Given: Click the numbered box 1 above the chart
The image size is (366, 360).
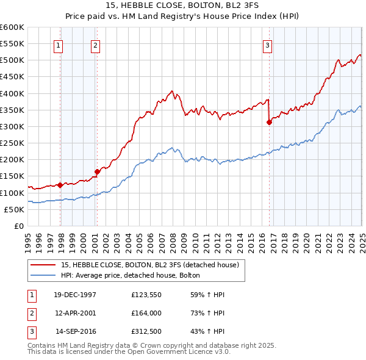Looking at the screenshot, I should (58, 45).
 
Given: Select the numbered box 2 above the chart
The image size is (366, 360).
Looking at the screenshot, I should (96, 45).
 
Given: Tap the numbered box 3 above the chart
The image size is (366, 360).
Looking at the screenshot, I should (268, 45).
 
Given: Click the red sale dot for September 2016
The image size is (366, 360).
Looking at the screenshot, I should (269, 122).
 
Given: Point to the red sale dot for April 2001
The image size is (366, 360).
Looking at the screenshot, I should (96, 171).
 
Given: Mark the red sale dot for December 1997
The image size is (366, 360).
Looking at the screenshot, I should (60, 185).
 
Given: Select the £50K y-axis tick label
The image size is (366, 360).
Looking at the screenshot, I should (14, 209).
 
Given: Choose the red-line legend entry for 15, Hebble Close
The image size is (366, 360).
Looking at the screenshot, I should (153, 265).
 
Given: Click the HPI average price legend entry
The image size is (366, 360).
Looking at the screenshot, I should (134, 276).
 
